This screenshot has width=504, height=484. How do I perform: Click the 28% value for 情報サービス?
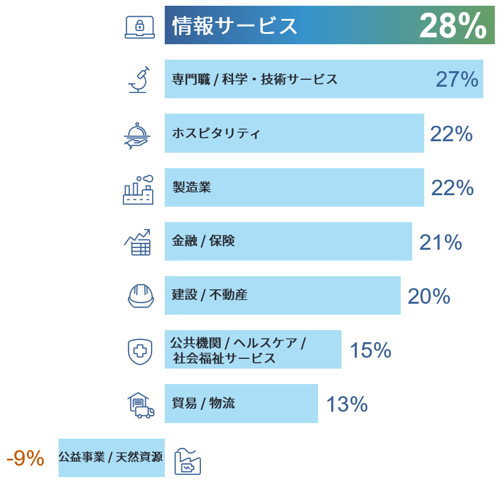click(x=452, y=26)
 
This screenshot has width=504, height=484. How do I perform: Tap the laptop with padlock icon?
click(x=139, y=27)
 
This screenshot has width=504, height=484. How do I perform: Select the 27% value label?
click(x=456, y=80)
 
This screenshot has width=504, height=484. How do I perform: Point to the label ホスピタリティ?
click(x=216, y=134)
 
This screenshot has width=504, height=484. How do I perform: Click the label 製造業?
click(x=192, y=187)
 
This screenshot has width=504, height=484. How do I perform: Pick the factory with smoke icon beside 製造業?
click(x=138, y=189)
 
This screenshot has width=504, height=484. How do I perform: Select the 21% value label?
click(x=440, y=242)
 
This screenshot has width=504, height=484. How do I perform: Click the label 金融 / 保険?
click(x=203, y=241)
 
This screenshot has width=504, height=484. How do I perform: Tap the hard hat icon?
click(x=141, y=295)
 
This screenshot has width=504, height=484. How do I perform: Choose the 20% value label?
click(x=428, y=296)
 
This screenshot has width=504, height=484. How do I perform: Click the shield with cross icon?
click(x=139, y=351)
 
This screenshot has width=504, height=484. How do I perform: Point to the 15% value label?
click(x=370, y=350)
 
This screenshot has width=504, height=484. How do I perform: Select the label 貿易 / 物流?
click(x=203, y=404)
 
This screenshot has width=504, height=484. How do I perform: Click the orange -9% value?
click(x=25, y=458)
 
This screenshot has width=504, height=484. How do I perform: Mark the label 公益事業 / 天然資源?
click(x=110, y=458)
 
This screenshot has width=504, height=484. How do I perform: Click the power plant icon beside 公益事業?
click(x=187, y=461)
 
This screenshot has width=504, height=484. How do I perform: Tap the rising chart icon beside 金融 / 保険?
click(x=138, y=242)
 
